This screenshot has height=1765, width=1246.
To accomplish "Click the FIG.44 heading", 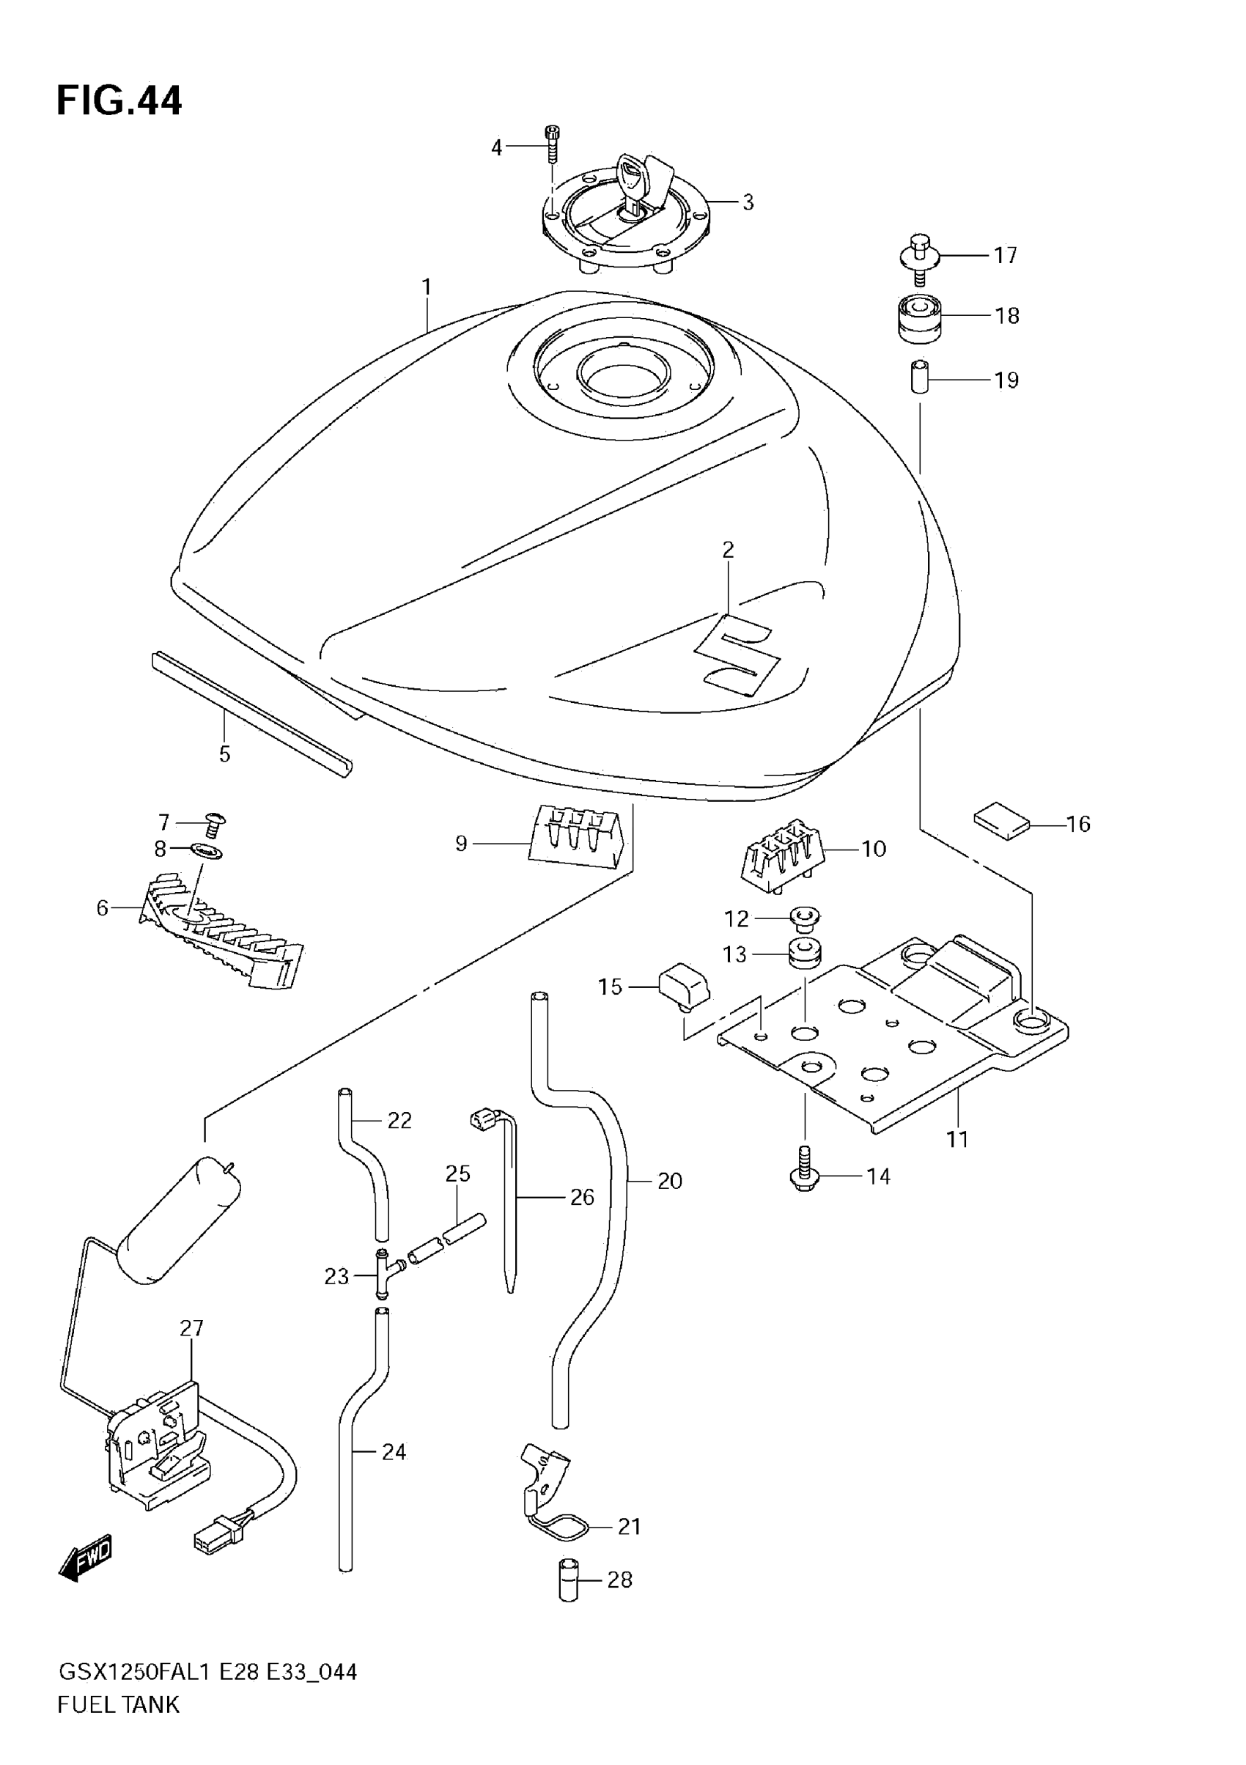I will [x=119, y=100].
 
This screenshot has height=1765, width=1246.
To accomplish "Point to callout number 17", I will [x=1006, y=255].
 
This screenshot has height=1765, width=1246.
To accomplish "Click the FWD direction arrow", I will [x=85, y=1558].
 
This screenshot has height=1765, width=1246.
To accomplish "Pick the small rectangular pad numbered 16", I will [x=1000, y=821].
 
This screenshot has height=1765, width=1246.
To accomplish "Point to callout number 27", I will [x=191, y=1328].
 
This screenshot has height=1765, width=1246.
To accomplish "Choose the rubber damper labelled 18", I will [x=920, y=316].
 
